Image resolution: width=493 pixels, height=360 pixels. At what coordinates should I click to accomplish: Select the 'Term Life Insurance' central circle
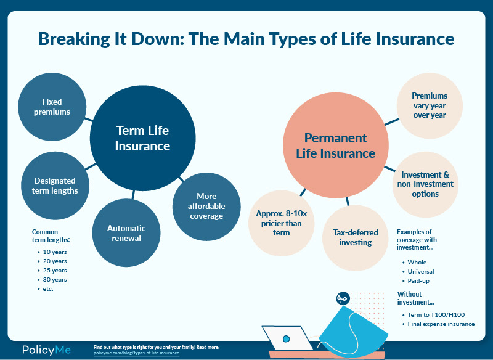pos(142,138)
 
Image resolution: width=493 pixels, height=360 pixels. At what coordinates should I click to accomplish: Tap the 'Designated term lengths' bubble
pos(54,186)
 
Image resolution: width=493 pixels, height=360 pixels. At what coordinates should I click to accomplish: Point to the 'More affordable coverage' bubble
pos(206,206)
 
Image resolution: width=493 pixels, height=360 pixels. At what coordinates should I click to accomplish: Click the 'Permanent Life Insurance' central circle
pos(335,145)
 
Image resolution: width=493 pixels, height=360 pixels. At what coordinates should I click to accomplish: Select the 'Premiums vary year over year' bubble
pos(430,105)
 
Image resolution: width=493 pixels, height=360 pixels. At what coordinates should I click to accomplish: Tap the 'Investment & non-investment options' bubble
pos(426,184)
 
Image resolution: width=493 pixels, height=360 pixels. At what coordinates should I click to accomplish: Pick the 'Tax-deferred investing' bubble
pos(356,237)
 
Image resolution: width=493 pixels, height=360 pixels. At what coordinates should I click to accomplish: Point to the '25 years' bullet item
pos(55,271)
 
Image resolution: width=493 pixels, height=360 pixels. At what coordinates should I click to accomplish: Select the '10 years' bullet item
pos(55,252)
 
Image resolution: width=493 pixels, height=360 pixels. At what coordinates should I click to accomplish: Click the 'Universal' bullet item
pos(421,271)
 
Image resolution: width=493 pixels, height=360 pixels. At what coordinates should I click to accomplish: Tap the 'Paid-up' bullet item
pos(418,280)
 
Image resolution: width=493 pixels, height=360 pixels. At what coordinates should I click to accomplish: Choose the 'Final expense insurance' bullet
pos(441,324)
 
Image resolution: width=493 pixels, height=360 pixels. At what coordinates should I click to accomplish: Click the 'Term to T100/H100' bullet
pos(436,314)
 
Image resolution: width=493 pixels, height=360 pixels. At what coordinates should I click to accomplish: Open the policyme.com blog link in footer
pos(136,353)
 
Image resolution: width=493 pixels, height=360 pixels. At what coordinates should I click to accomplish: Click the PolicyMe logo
pos(46,350)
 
